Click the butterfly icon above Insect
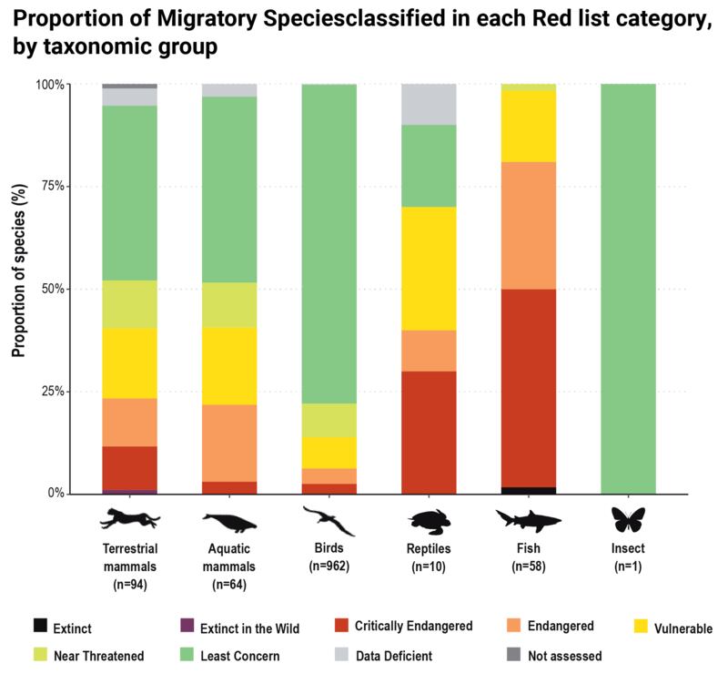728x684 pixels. point(628,520)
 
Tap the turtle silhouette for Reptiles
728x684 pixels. point(429,520)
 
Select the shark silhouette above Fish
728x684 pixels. point(529,520)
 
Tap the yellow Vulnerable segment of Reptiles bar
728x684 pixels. point(429,269)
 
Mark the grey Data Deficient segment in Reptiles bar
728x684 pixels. point(429,104)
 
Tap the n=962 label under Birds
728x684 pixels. point(329,567)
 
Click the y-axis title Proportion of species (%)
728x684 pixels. point(17,288)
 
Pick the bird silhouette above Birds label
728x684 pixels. point(329,520)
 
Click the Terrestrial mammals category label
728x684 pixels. point(130,558)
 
